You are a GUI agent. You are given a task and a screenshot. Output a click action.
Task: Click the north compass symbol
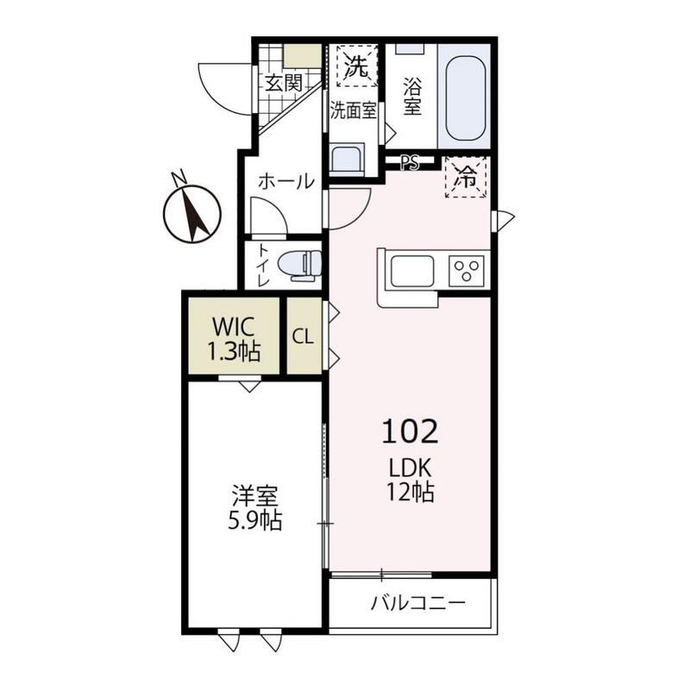191,211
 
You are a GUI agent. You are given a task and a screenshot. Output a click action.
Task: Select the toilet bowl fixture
300,266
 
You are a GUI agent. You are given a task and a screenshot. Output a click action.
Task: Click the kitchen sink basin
411,271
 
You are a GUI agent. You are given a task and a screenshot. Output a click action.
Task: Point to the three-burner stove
467,271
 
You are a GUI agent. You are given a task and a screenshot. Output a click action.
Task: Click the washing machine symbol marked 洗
357,66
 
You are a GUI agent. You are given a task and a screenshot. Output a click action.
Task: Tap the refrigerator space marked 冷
466,178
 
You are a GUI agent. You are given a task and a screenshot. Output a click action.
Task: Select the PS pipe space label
410,163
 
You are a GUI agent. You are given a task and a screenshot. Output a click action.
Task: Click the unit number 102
410,432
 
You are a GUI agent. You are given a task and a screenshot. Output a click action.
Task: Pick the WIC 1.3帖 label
234,339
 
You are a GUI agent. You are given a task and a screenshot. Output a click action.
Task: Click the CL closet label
304,337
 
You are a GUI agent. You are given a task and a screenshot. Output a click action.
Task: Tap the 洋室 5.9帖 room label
254,507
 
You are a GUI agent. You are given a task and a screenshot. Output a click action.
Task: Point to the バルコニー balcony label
417,602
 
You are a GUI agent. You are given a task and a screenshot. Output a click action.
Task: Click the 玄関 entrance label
284,83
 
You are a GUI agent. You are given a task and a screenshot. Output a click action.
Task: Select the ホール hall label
286,181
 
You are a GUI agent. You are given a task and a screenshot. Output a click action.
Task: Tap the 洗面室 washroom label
354,111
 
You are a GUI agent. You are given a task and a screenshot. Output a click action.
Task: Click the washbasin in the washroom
348,159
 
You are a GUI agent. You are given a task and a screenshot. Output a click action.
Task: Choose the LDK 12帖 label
411,480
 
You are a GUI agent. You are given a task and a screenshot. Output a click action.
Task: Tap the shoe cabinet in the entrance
303,56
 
